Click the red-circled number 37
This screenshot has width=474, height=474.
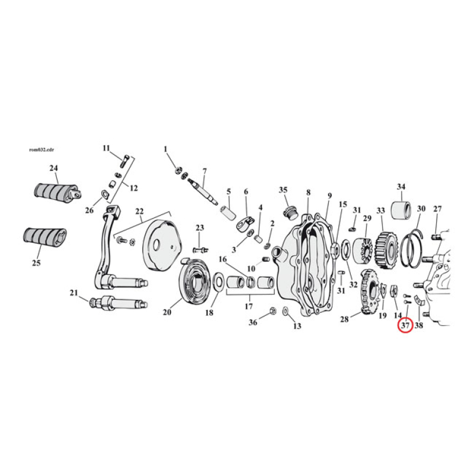tap(405, 325)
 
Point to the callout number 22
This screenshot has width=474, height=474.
tap(139, 212)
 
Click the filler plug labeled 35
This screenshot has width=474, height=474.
tap(289, 212)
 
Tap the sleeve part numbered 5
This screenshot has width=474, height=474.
tap(229, 213)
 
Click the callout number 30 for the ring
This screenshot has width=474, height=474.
tap(421, 209)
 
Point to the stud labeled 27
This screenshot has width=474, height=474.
tap(437, 238)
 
